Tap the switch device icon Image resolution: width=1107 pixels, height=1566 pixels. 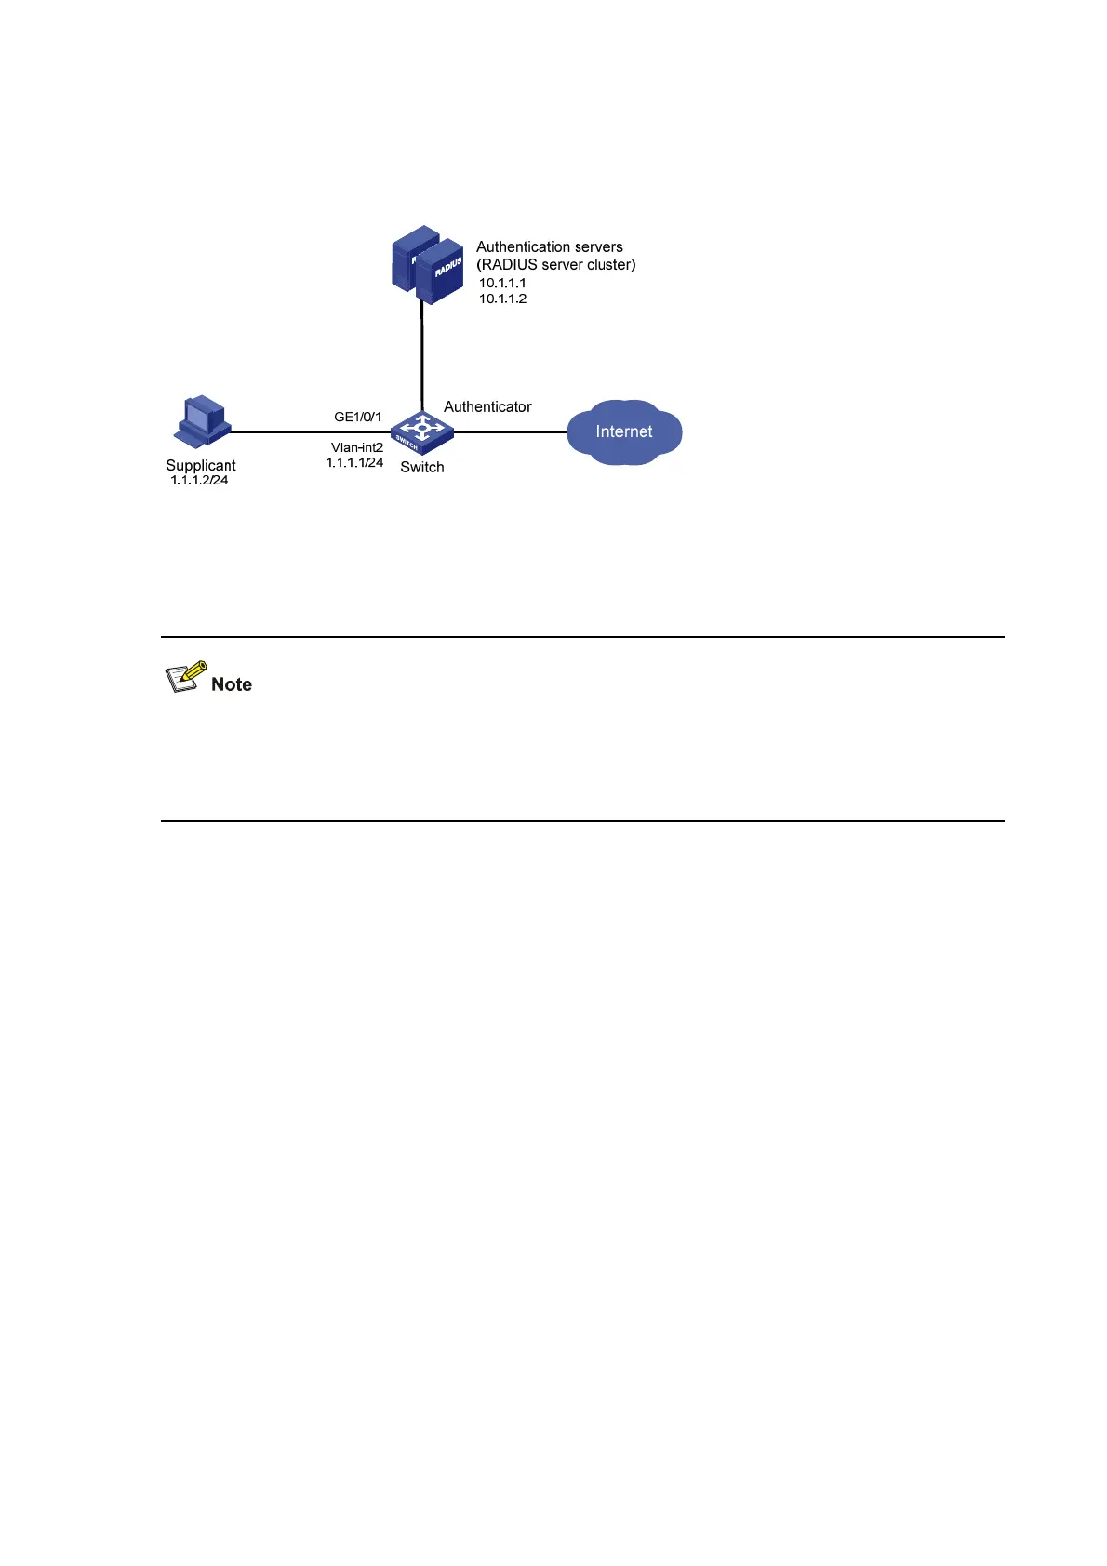tap(421, 431)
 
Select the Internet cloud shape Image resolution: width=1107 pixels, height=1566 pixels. tap(624, 432)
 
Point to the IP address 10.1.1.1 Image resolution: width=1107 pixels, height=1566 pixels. tap(502, 283)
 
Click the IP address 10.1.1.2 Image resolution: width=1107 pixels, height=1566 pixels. tap(502, 299)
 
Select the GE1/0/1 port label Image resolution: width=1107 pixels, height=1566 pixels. tap(358, 417)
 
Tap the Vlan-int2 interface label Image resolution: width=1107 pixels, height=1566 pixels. tap(357, 447)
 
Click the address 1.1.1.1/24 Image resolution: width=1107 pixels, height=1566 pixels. tap(354, 462)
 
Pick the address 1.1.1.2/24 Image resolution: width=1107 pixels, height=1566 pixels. tap(199, 480)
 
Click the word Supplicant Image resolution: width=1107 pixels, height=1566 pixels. tap(201, 465)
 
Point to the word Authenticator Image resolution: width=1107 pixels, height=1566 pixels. tap(487, 406)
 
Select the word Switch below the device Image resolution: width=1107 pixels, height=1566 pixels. tap(422, 467)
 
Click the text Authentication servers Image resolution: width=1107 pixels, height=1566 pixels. tap(550, 246)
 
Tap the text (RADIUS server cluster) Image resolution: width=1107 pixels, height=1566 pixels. tap(556, 264)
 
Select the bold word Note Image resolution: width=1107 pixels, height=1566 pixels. tap(232, 684)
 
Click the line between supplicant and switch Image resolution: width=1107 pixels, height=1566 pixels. tap(307, 431)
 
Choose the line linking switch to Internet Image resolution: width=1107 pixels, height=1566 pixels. tap(510, 431)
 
